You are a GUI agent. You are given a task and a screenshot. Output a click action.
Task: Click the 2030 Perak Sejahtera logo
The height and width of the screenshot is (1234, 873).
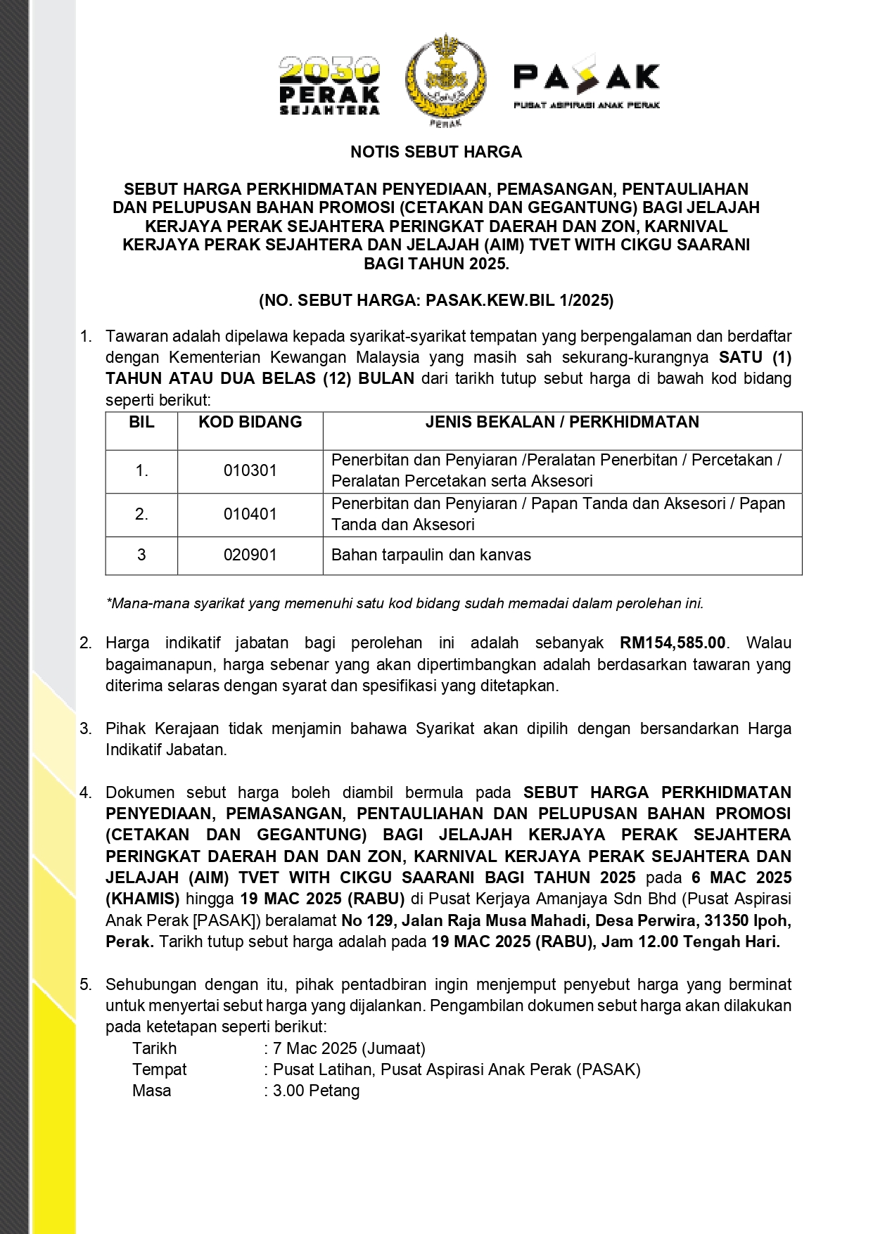pyautogui.click(x=329, y=85)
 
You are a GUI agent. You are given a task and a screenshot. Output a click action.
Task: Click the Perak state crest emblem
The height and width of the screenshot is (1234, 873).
pyautogui.click(x=445, y=79)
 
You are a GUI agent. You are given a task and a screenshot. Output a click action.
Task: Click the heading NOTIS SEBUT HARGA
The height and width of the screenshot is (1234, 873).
pyautogui.click(x=436, y=152)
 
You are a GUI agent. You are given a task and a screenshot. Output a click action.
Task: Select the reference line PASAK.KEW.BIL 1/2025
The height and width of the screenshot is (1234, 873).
pyautogui.click(x=436, y=301)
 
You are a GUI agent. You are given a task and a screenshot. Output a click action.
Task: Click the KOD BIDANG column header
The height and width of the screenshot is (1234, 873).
pyautogui.click(x=250, y=422)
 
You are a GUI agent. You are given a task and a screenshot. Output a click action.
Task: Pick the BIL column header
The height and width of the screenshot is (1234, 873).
pyautogui.click(x=141, y=422)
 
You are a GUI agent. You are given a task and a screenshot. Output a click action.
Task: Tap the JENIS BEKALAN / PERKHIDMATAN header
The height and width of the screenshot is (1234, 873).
pyautogui.click(x=562, y=422)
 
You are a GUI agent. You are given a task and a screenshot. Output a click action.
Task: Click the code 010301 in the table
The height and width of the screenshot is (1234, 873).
pyautogui.click(x=250, y=470)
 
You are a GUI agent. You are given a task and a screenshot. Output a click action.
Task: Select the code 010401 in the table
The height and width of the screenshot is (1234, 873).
pyautogui.click(x=250, y=514)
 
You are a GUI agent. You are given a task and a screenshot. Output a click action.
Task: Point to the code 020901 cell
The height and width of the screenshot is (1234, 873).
pyautogui.click(x=250, y=555)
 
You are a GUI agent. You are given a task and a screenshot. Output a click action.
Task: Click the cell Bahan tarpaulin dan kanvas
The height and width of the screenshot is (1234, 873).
pyautogui.click(x=431, y=555)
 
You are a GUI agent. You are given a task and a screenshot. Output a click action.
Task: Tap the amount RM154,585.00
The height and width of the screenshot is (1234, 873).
pyautogui.click(x=673, y=643)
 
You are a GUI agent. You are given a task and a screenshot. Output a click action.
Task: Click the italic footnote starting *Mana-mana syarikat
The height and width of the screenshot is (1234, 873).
pyautogui.click(x=404, y=603)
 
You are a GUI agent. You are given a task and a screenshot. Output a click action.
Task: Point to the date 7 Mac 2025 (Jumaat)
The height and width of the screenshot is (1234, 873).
pyautogui.click(x=349, y=1048)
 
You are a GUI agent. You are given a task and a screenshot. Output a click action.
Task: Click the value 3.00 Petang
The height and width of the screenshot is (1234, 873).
pyautogui.click(x=316, y=1091)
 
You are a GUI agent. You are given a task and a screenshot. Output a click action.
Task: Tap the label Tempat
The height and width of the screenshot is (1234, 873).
pyautogui.click(x=160, y=1069)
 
